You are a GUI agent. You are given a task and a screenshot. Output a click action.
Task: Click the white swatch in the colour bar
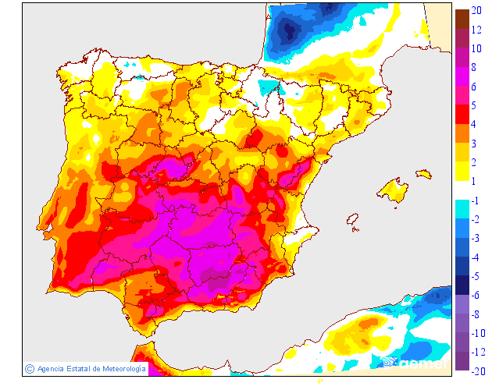coord(462,190)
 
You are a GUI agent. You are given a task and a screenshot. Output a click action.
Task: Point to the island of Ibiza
coord(353,223)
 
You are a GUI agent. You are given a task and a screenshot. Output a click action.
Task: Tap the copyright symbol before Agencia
coord(29,368)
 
